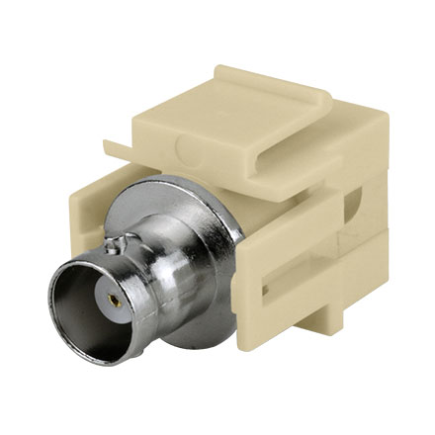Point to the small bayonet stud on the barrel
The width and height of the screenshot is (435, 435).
(120, 239)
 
